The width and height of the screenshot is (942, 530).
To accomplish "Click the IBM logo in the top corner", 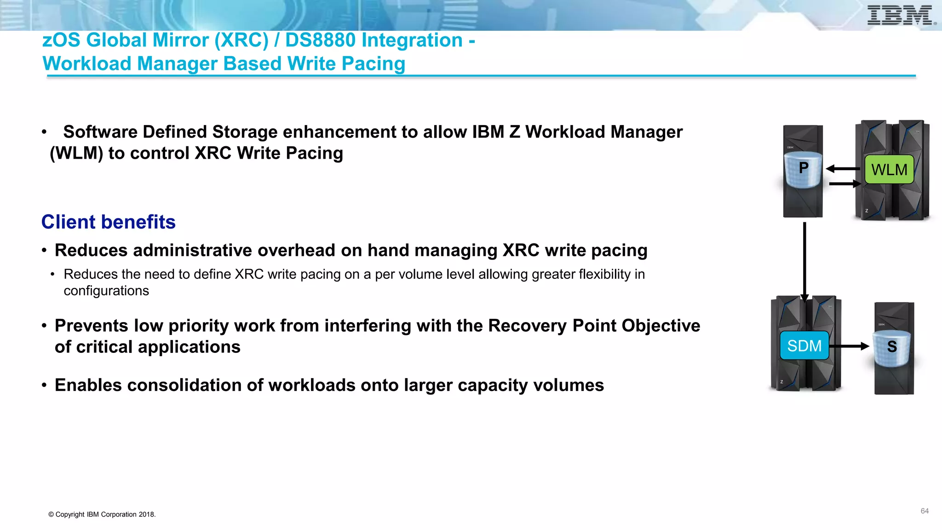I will click(x=901, y=16).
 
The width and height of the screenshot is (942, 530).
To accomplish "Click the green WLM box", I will click(x=889, y=170).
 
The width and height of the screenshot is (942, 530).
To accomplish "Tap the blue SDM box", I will click(x=804, y=346).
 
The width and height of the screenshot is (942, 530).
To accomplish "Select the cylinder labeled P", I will click(x=803, y=169).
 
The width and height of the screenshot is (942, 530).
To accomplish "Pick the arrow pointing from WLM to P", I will click(x=843, y=169).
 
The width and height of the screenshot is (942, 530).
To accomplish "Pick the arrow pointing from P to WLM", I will click(x=844, y=184).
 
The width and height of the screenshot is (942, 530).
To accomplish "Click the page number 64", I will click(x=925, y=511).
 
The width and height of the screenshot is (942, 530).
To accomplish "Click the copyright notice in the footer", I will click(x=102, y=514).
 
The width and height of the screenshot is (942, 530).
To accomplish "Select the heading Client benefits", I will click(x=109, y=222).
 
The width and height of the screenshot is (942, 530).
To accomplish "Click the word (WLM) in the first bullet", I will click(x=76, y=153).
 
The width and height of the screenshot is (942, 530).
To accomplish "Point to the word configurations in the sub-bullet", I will click(x=106, y=291).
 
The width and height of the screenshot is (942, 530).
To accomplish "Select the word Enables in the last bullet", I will click(x=88, y=385).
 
